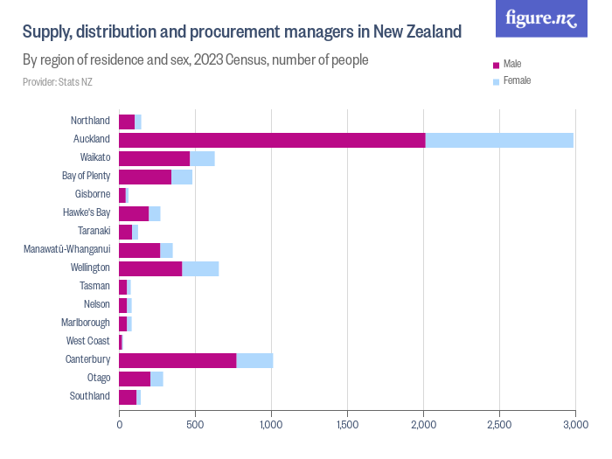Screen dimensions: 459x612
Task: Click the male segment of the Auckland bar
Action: [272, 140]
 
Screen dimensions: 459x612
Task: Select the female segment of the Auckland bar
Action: [499, 140]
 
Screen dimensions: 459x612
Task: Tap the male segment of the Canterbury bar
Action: [177, 360]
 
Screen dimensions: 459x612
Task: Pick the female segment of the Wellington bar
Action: [200, 268]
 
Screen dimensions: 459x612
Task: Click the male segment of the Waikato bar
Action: [154, 158]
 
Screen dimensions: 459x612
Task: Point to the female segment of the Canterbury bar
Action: [254, 360]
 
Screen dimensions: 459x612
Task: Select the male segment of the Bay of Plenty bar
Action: [145, 177]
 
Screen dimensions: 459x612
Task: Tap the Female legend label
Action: [517, 80]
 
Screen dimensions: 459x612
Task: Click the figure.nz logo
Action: [541, 18]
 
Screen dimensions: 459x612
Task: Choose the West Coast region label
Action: [88, 341]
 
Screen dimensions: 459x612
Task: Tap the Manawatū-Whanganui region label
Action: [66, 249]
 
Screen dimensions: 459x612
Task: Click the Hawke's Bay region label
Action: [87, 212]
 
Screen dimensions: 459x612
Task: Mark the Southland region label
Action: [90, 396]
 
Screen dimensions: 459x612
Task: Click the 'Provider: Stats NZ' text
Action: [57, 82]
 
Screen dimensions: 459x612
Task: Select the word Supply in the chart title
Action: [46, 32]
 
